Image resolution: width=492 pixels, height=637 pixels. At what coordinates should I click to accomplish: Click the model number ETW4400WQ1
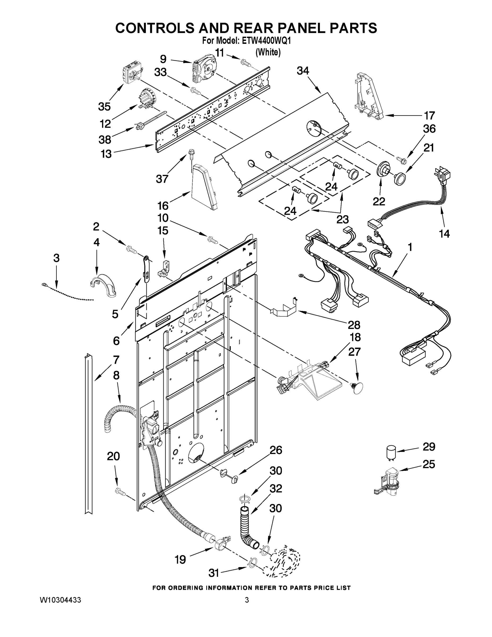pos(266,41)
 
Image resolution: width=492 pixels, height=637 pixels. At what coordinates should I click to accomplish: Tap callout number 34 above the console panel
pos(303,71)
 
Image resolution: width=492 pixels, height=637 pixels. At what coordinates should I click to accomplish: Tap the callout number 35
pos(104,107)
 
